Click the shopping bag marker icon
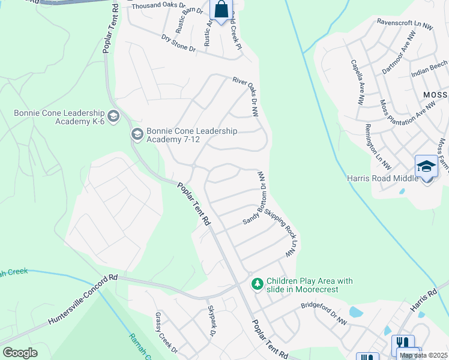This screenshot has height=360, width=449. (221, 10)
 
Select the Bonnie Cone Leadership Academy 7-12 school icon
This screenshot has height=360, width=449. (136, 134)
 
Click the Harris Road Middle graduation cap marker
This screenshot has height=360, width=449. (426, 166)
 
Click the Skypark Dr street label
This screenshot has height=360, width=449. (211, 320)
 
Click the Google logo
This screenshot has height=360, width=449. (20, 353)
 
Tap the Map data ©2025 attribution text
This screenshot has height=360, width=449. (424, 355)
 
